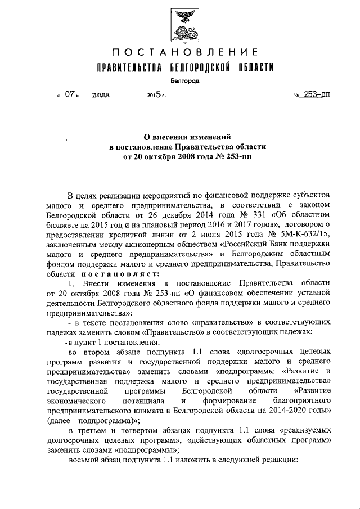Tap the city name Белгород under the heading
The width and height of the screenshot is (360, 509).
pyautogui.click(x=185, y=81)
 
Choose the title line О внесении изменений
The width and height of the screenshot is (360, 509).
pyautogui.click(x=185, y=137)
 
